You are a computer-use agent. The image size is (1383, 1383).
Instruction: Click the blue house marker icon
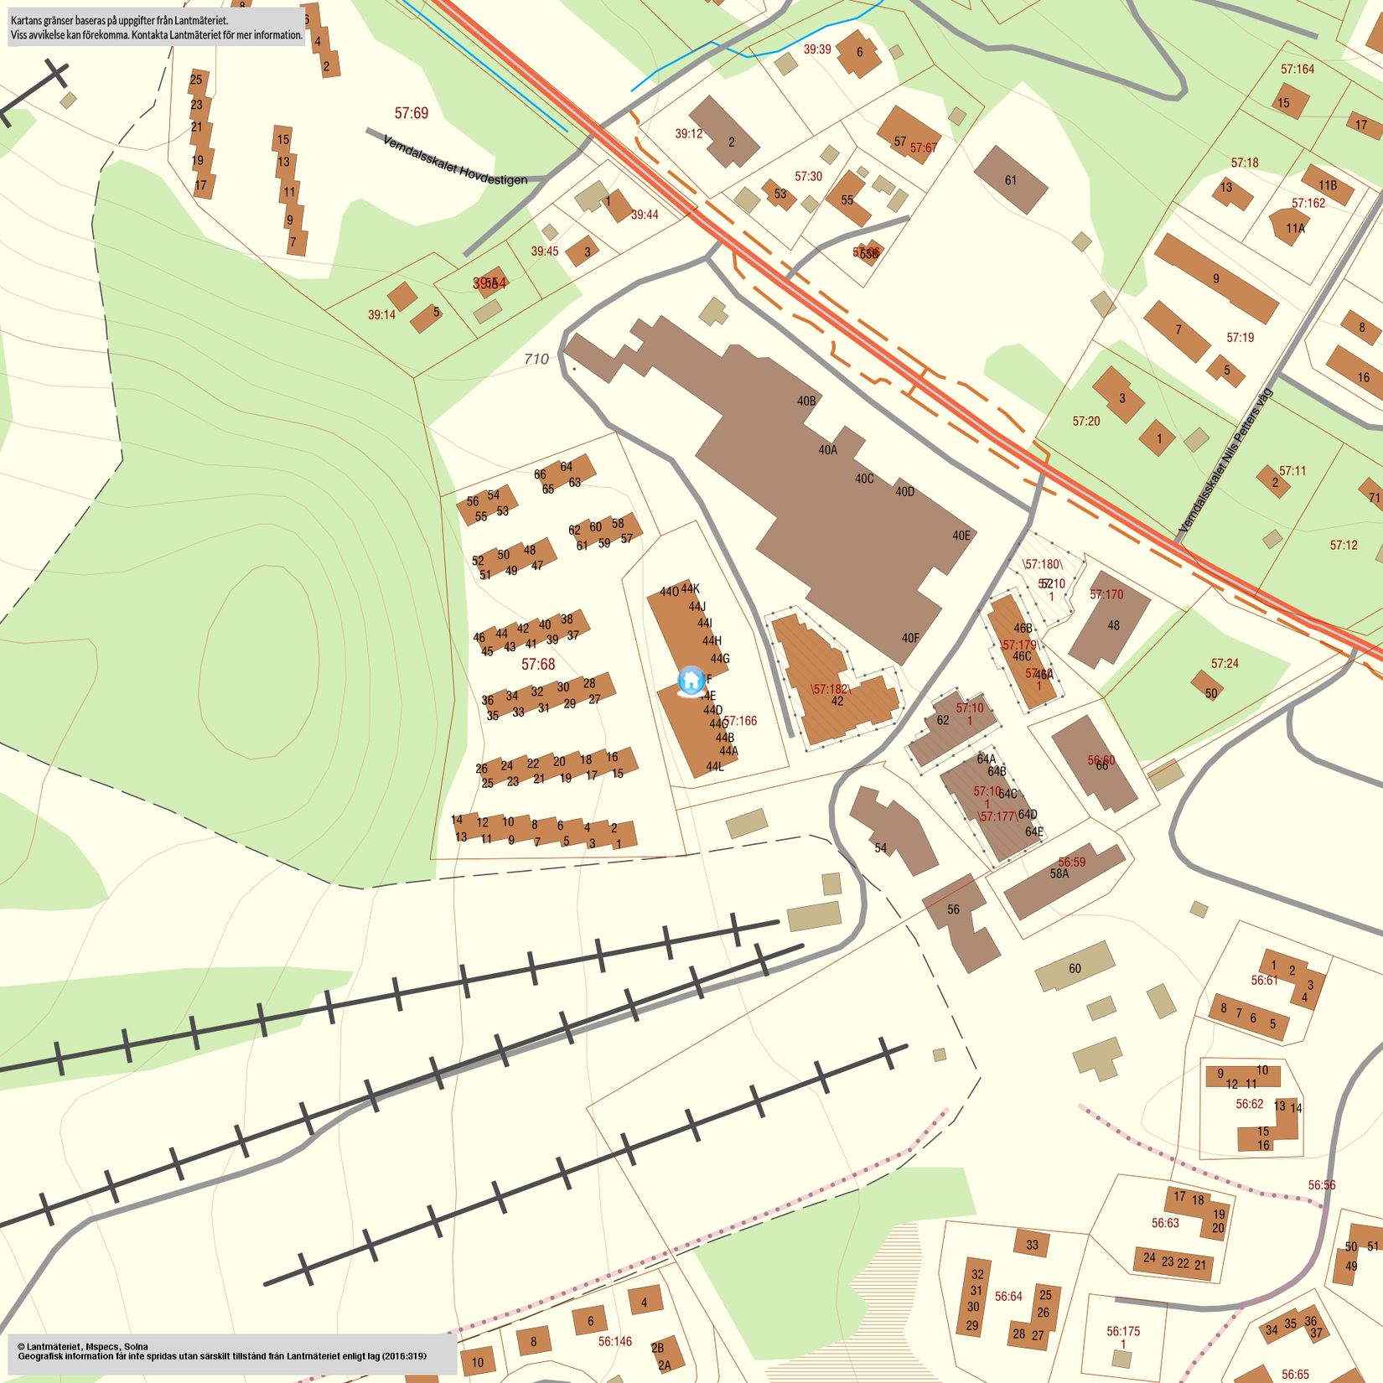click(691, 680)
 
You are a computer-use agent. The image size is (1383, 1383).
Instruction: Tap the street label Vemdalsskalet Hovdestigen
click(455, 160)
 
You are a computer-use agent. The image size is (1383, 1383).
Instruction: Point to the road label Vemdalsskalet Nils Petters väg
click(1225, 461)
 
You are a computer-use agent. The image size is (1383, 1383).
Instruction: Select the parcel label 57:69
click(411, 113)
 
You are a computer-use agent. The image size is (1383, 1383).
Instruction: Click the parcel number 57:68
click(538, 665)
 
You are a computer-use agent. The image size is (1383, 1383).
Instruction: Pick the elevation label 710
click(536, 359)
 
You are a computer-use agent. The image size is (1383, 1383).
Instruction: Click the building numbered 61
click(1011, 180)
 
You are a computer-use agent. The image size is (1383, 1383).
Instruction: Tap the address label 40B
click(806, 401)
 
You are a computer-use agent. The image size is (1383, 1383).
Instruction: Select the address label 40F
click(910, 638)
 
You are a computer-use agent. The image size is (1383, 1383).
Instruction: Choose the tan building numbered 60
click(1075, 968)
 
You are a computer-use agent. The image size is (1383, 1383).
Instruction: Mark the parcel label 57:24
click(1225, 663)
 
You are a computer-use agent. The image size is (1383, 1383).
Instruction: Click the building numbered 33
click(1032, 1245)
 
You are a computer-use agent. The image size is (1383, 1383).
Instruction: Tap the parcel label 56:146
click(615, 1341)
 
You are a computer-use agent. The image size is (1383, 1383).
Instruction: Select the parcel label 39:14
click(381, 315)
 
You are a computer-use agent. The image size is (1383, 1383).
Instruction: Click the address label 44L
click(714, 766)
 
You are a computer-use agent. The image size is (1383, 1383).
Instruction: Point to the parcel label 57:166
click(740, 720)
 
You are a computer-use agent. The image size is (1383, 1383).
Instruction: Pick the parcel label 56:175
click(1123, 1330)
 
